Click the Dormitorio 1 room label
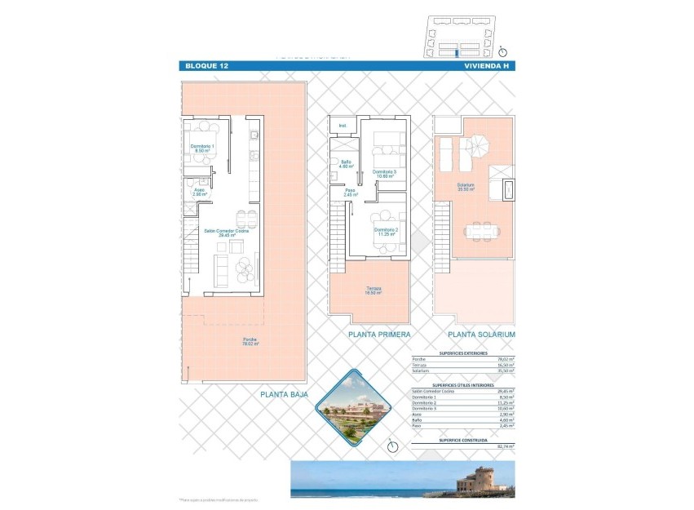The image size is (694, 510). [x=201, y=148]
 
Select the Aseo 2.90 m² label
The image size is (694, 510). [x=200, y=193]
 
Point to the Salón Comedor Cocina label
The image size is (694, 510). [x=226, y=233]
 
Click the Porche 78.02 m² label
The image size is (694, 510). [x=250, y=342]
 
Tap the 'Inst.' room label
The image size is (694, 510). [x=343, y=126]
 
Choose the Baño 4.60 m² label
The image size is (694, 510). [x=346, y=164]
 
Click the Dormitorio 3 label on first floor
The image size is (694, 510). [x=384, y=174]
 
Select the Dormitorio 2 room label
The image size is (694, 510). [x=386, y=232]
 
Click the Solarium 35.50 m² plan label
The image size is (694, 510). [x=466, y=186]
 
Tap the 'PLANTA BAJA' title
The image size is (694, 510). [x=285, y=394]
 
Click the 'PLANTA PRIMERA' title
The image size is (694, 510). [x=378, y=335]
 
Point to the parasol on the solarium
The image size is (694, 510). [x=476, y=147]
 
